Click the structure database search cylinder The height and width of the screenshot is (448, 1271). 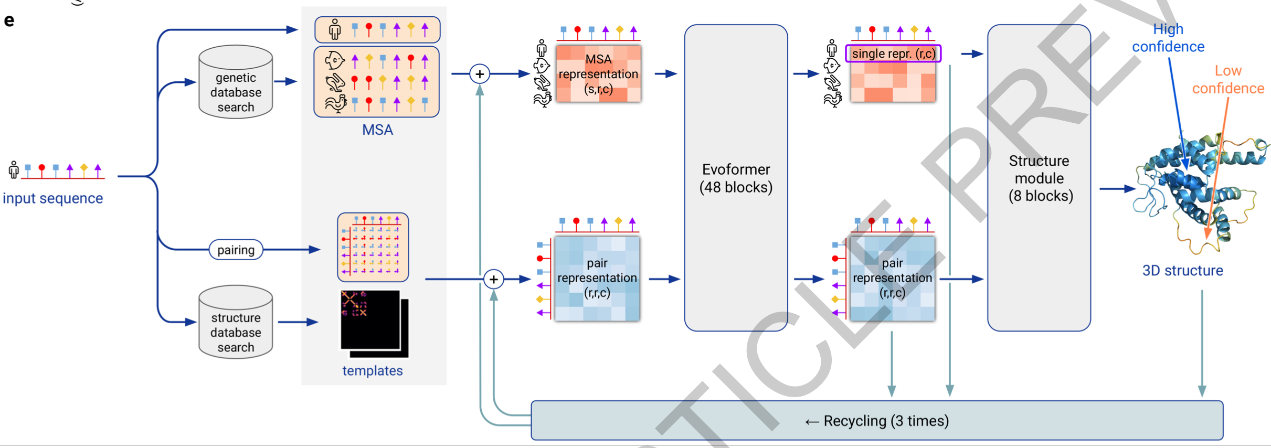236,323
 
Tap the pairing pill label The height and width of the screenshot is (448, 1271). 236,250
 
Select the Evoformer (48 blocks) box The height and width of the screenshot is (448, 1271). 736,178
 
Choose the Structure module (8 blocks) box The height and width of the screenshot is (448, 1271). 1039,178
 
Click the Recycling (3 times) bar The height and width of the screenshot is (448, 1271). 876,421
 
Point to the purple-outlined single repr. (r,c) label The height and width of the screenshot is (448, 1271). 893,54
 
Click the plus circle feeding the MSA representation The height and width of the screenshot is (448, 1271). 480,74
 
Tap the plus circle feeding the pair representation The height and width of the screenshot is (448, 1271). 493,279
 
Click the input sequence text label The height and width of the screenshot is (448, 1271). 52,198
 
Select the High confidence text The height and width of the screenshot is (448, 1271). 1168,38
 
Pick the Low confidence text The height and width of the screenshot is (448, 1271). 1228,79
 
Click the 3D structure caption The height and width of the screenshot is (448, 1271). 1182,271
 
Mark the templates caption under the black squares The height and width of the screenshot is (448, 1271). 373,371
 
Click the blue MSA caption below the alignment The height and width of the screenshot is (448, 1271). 377,130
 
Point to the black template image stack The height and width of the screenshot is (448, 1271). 374,323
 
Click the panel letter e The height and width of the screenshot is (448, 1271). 9,21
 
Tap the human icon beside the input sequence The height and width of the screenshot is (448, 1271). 14,169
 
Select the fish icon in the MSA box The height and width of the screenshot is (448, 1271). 334,60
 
